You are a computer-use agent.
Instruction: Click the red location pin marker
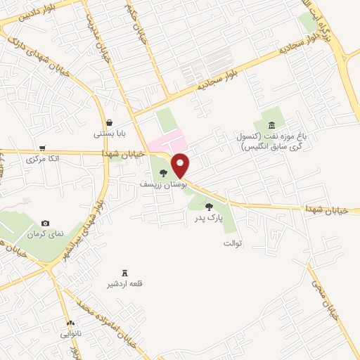[x=181, y=166]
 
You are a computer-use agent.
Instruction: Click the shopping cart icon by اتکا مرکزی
[x=44, y=148]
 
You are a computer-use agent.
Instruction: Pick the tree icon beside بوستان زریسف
[x=163, y=173]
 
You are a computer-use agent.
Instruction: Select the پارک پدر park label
[x=209, y=219]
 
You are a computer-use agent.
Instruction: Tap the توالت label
[x=232, y=243]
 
